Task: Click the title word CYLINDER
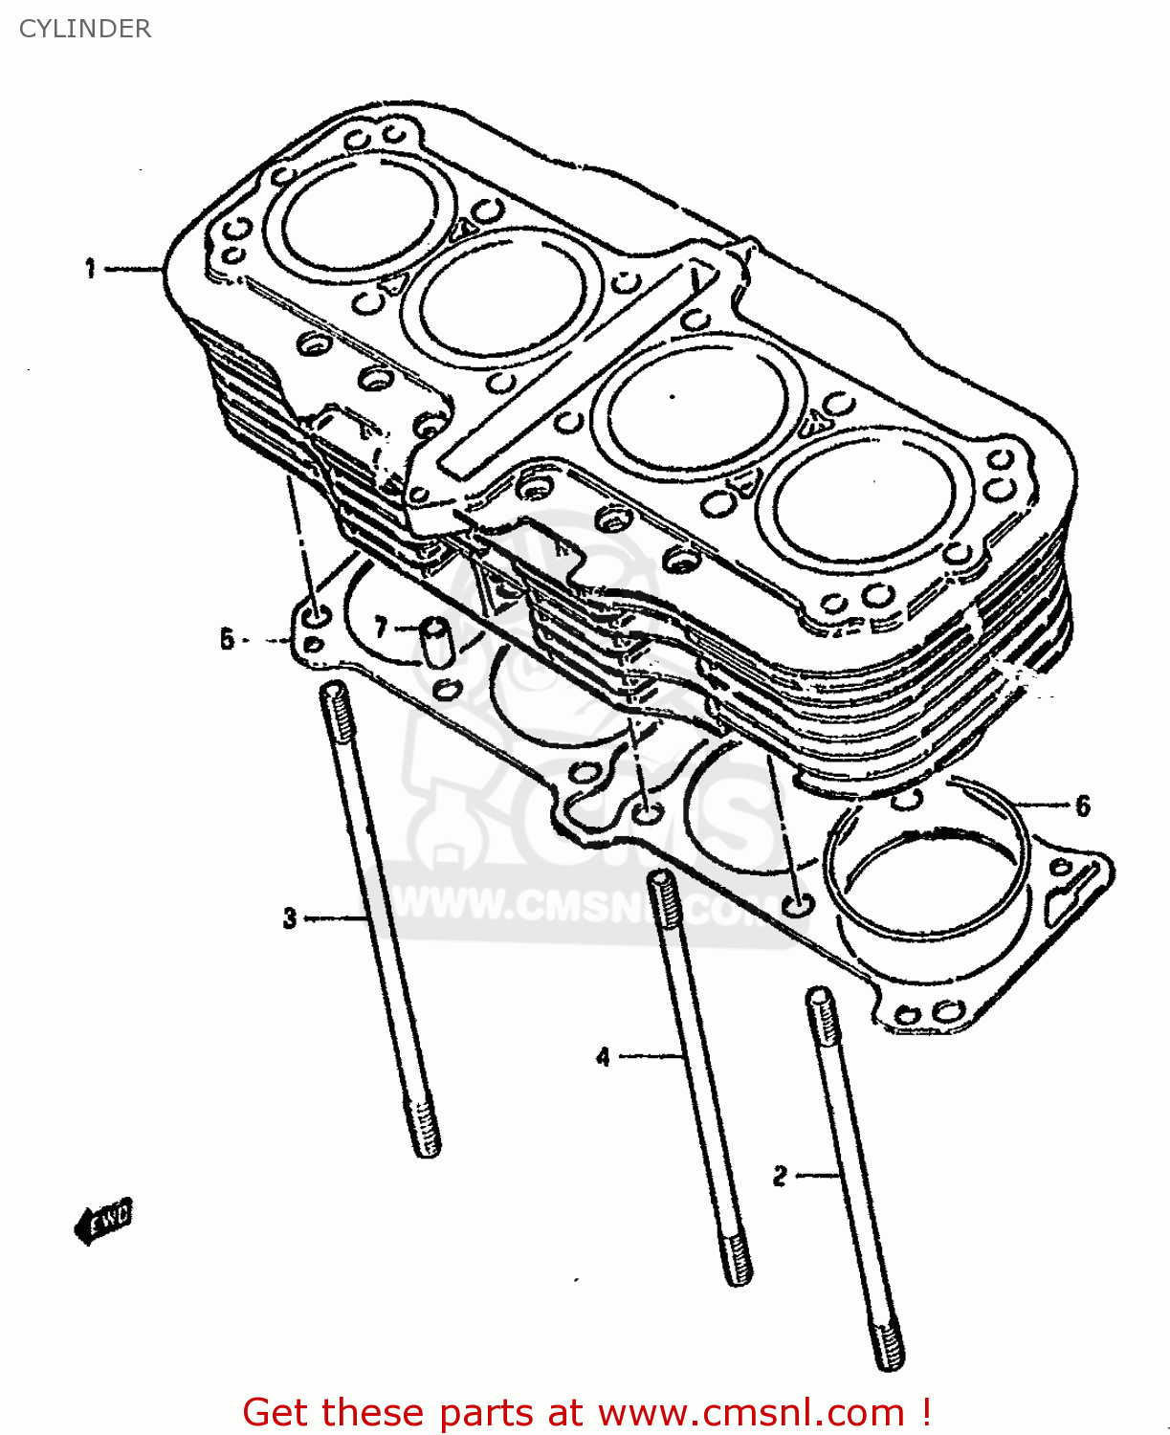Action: pyautogui.click(x=85, y=29)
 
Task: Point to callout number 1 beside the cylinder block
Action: pyautogui.click(x=91, y=269)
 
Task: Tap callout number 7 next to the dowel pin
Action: pyautogui.click(x=382, y=628)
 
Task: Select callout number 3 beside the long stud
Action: pyautogui.click(x=291, y=918)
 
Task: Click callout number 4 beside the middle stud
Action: pyautogui.click(x=603, y=1057)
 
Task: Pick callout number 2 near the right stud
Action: pyautogui.click(x=781, y=1176)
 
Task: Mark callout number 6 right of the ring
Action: pyautogui.click(x=1083, y=806)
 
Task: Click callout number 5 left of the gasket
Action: pyautogui.click(x=227, y=638)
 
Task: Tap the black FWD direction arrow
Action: pyautogui.click(x=103, y=1222)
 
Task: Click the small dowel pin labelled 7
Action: pyautogui.click(x=437, y=642)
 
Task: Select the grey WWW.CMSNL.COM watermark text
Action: pyautogui.click(x=574, y=905)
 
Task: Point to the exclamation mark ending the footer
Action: pyautogui.click(x=926, y=1412)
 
